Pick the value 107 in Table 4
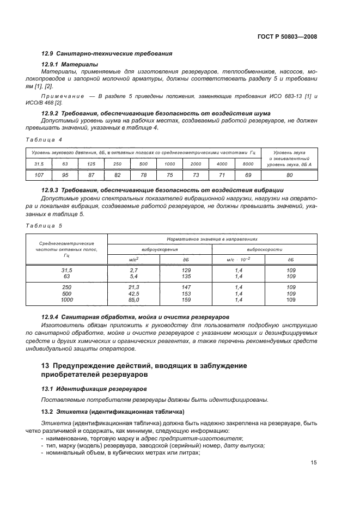39,175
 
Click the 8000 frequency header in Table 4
248,164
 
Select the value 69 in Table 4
248,175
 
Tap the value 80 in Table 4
289,175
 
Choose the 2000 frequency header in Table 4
196,164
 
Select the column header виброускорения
160,249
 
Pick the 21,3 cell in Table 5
133,287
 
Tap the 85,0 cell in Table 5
133,300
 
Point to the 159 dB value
186,300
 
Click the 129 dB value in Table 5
186,270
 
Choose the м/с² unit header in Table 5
133,260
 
